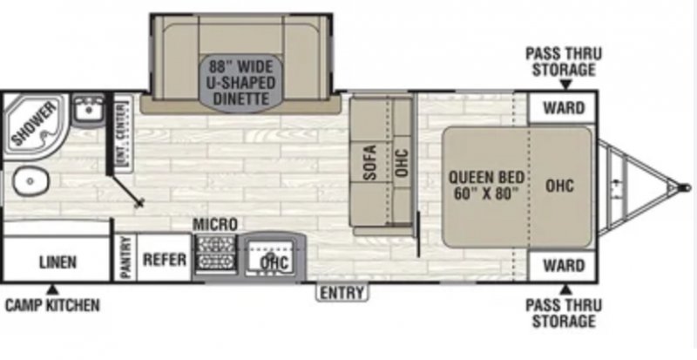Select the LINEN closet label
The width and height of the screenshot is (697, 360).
(x=58, y=262)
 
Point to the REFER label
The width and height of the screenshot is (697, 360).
(x=162, y=259)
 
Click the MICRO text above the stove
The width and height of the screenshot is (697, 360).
(x=215, y=225)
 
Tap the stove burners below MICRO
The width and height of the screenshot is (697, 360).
(x=215, y=255)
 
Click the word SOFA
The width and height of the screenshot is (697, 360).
(x=369, y=161)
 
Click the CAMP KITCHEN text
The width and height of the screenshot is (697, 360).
(x=51, y=305)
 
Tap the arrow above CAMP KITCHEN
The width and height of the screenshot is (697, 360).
(x=51, y=289)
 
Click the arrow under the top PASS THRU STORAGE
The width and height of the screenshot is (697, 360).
(x=564, y=85)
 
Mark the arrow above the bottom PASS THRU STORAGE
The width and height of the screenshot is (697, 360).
(x=564, y=288)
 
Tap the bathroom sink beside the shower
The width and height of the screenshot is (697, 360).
(x=86, y=112)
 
